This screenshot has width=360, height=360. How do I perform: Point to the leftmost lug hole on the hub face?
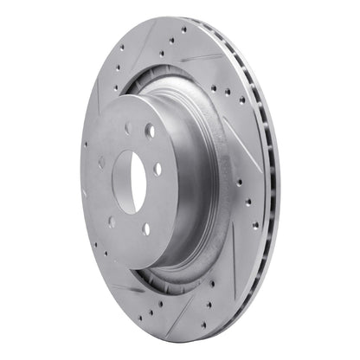[102, 162]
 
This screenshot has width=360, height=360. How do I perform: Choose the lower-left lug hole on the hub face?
[112, 222]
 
